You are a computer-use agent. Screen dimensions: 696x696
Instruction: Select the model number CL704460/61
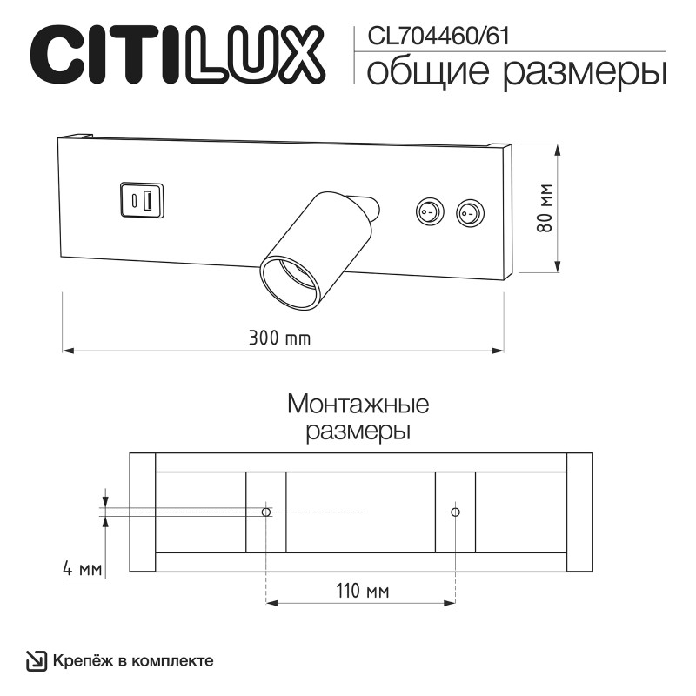coord(438,36)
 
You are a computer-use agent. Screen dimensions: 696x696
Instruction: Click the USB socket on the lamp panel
coord(141,199)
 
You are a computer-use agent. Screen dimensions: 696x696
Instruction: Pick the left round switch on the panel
coord(426,211)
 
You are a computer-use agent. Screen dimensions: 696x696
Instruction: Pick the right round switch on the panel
coord(470,211)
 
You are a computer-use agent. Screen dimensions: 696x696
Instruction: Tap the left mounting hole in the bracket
coord(266,512)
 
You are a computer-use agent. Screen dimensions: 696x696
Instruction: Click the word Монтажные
coord(358,405)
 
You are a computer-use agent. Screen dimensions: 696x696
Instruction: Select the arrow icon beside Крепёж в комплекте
coord(37,661)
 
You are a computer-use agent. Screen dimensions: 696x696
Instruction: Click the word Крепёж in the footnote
coord(84,661)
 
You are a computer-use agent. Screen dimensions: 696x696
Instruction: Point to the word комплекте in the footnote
coord(174,661)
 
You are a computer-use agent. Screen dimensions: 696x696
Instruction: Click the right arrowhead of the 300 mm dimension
coord(499,351)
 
